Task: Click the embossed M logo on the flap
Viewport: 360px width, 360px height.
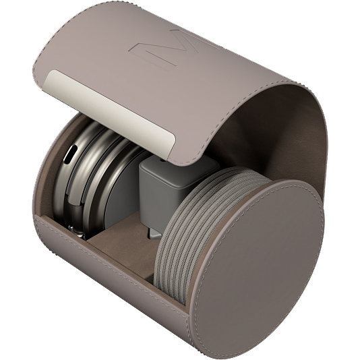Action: (x=175, y=49)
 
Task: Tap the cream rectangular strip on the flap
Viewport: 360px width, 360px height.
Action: (x=110, y=113)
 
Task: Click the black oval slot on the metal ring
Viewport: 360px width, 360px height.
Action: (x=71, y=155)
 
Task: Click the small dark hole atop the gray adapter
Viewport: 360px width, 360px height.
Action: (x=163, y=159)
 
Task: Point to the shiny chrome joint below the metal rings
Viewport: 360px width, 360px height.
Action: (x=77, y=231)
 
